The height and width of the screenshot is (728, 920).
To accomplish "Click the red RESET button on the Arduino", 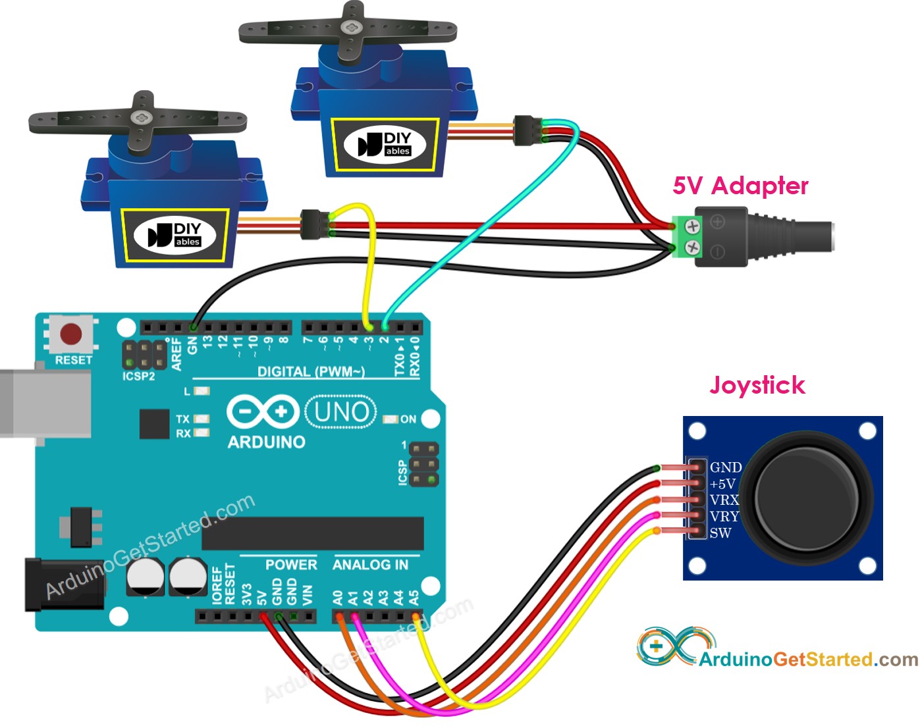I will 71,334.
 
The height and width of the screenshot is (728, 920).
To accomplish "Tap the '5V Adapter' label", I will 740,186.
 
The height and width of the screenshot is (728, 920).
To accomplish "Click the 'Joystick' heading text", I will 757,385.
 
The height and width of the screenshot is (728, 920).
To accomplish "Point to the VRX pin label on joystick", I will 724,500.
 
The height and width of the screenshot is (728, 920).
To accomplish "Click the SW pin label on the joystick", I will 720,533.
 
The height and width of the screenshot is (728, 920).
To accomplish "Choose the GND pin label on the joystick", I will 726,467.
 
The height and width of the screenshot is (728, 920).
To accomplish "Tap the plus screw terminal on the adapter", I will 692,226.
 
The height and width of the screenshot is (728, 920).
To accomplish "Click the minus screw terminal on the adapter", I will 692,247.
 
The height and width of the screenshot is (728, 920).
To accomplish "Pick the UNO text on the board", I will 341,412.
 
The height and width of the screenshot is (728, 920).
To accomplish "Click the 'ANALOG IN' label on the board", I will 370,565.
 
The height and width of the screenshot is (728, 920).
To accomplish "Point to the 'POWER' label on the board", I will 291,565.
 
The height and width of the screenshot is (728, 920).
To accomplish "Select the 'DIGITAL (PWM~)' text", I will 311,372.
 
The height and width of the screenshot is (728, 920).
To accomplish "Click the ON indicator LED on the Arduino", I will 391,419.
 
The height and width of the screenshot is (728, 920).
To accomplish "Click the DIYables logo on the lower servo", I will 175,235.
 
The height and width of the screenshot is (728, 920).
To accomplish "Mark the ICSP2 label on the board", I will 138,377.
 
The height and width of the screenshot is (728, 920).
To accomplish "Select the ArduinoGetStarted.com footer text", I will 808,659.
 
